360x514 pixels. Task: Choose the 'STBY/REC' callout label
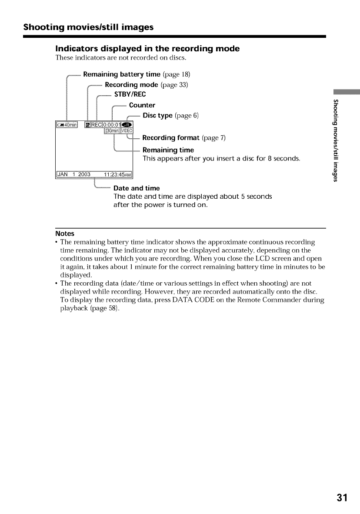(130, 95)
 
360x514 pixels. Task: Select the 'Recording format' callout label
(171, 138)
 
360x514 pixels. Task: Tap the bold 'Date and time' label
(137, 188)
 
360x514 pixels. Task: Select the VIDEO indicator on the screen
(130, 132)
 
